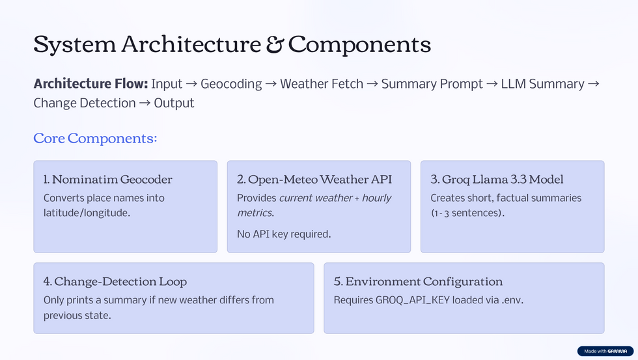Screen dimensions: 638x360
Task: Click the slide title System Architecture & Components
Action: tap(232, 44)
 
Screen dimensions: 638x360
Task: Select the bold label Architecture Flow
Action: tap(90, 84)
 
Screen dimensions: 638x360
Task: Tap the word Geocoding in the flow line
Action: tap(231, 84)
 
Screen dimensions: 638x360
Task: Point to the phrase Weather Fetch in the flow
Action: tap(322, 84)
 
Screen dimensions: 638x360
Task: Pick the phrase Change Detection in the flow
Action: tap(85, 103)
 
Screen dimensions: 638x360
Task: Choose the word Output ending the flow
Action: tap(174, 103)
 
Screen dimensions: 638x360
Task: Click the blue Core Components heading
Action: tap(96, 138)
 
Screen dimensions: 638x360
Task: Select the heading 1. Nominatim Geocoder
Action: tap(108, 179)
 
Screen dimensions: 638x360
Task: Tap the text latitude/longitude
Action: tap(87, 213)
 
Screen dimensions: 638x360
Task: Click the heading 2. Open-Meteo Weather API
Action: tap(314, 179)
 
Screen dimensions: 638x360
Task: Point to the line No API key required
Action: tap(284, 234)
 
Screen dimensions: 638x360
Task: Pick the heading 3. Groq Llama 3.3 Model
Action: tap(497, 179)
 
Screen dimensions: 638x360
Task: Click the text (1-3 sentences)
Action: tap(467, 213)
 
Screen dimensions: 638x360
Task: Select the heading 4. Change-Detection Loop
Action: tap(115, 281)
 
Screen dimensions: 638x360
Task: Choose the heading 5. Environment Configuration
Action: tap(418, 281)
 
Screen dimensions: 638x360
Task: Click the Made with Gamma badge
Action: tap(605, 351)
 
